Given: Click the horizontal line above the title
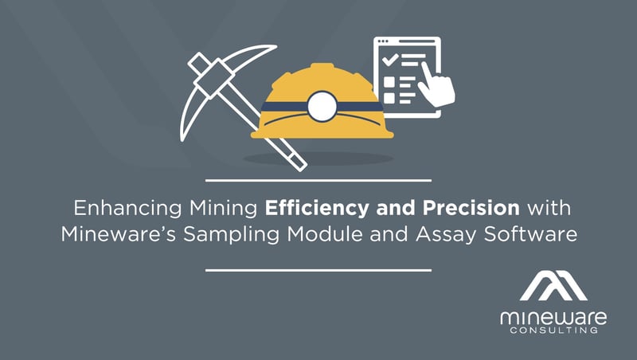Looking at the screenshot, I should (x=318, y=180).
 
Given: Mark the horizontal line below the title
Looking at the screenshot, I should (x=318, y=269).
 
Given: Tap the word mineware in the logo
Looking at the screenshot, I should (x=553, y=318).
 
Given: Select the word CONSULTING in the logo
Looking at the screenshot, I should (x=553, y=332).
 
